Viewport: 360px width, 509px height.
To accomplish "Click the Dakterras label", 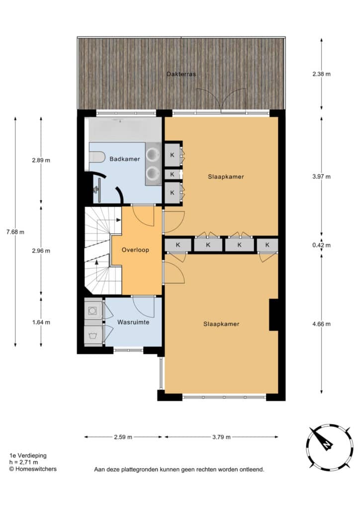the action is (x=181, y=74).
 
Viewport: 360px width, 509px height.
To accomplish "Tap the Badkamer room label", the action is (x=125, y=159).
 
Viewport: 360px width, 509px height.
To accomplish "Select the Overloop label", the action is (x=135, y=250).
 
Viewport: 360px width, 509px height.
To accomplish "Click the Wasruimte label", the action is (x=133, y=322).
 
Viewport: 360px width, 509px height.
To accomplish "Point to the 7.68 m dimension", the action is (x=15, y=232).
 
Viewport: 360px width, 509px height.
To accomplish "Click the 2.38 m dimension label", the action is (x=321, y=74).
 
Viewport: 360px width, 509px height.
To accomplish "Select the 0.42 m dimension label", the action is (x=321, y=246).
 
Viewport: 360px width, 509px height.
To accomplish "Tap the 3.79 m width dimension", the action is (x=221, y=437).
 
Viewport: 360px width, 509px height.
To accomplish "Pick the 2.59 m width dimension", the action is (x=123, y=437).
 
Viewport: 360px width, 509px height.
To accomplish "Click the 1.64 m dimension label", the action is (x=41, y=322).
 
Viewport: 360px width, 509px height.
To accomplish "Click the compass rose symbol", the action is (x=330, y=447).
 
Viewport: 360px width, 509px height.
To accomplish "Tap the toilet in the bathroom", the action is (x=96, y=157).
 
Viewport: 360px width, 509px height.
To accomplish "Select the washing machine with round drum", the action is (x=93, y=311).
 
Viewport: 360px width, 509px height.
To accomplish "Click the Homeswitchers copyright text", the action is (x=33, y=469).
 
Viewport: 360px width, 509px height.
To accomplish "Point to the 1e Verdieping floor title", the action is (x=28, y=456).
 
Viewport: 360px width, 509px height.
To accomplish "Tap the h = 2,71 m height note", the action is (x=24, y=462).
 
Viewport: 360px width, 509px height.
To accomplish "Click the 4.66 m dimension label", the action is (x=321, y=324).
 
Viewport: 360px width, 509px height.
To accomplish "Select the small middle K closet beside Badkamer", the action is (x=173, y=174).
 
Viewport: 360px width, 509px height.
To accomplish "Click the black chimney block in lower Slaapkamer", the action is (x=273, y=315).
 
